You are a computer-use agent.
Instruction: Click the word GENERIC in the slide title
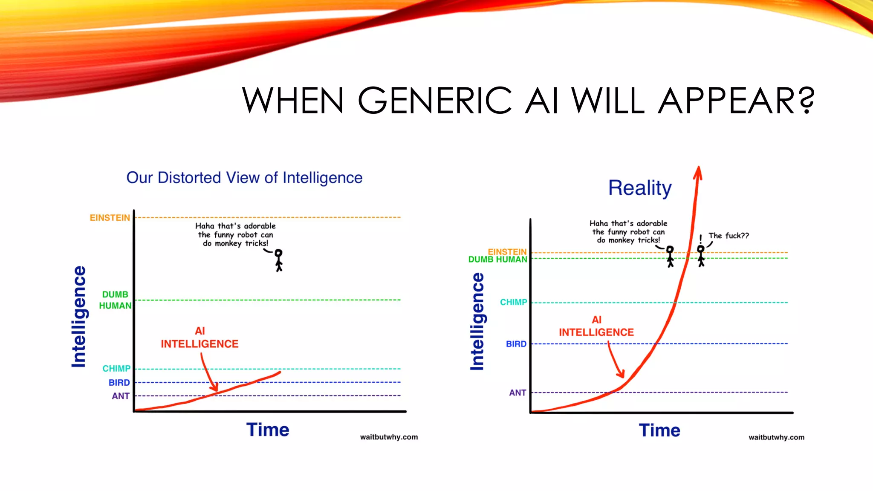(435, 101)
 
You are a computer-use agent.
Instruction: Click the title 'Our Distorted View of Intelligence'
(244, 178)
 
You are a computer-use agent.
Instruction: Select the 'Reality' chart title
(639, 188)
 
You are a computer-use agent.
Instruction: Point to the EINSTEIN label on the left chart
(110, 218)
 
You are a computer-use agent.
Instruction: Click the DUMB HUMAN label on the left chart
(115, 300)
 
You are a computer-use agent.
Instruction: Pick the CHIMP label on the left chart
(116, 369)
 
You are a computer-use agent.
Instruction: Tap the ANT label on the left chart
(121, 396)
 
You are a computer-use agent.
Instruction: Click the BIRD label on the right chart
(516, 344)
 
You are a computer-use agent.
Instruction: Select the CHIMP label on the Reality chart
(513, 302)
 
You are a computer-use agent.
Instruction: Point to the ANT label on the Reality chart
(517, 393)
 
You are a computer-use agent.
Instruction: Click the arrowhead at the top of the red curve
(698, 173)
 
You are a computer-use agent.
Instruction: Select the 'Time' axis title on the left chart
(268, 430)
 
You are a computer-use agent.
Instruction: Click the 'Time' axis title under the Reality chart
(659, 430)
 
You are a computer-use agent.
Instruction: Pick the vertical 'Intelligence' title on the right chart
(477, 322)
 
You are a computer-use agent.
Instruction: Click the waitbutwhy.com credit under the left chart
(389, 437)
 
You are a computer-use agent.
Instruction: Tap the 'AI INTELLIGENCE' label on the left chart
(199, 338)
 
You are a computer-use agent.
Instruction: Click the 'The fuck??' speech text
(728, 236)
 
